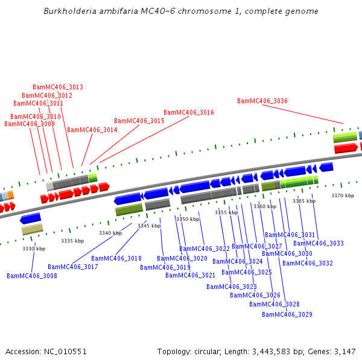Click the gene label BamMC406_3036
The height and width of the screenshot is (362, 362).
tap(262, 101)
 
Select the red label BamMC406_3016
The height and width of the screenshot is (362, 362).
tap(188, 113)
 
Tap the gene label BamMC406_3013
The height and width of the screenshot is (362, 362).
tap(58, 87)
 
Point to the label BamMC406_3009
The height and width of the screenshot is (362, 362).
tap(30, 124)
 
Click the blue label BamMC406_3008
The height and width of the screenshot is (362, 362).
tap(32, 276)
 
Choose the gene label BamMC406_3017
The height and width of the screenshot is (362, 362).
tap(73, 267)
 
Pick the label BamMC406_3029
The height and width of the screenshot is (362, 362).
tap(287, 314)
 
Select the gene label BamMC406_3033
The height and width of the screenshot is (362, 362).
tap(319, 244)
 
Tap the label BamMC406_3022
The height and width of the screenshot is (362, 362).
tap(205, 249)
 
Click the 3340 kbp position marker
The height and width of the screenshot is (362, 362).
tap(110, 233)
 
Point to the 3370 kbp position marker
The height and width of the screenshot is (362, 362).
tap(343, 195)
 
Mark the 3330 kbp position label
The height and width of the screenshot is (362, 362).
tap(34, 249)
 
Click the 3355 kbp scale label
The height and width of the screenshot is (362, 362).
tap(226, 212)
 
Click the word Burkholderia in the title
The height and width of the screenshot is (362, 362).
tap(70, 11)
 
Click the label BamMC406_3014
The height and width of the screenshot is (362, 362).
tap(92, 130)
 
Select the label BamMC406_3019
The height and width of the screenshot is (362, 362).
tap(165, 267)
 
